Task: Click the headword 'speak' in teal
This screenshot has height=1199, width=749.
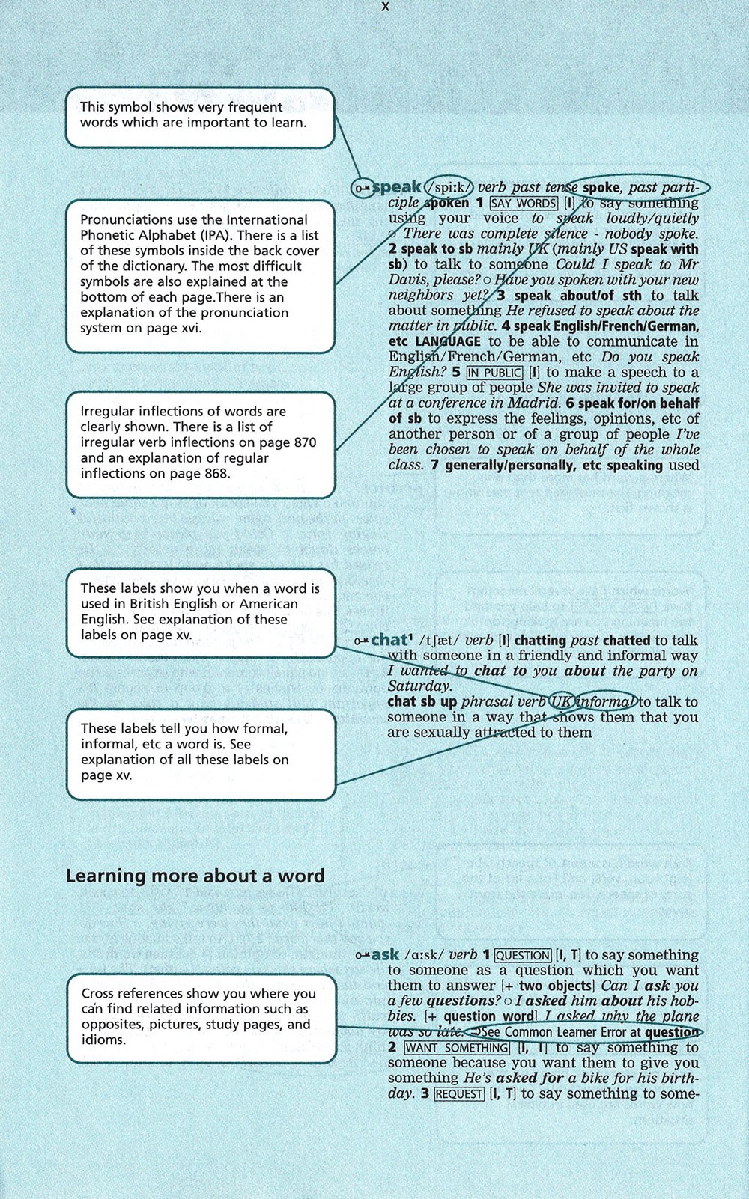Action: coord(397,187)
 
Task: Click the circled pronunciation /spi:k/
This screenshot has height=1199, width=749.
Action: coord(449,187)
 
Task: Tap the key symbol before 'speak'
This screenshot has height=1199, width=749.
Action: coord(363,188)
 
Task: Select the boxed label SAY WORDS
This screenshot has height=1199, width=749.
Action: coord(524,204)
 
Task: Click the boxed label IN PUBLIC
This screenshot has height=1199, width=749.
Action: coord(494,373)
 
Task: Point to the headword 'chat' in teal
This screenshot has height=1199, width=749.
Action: coord(389,640)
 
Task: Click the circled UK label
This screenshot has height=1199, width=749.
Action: coord(561,702)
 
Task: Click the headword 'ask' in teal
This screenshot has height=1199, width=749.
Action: coord(385,955)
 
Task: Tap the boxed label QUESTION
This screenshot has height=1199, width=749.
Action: coord(522,956)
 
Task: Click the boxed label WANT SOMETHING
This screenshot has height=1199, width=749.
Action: coord(457,1048)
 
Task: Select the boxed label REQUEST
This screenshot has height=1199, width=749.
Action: coord(459,1094)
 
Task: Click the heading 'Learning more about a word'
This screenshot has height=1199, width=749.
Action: coord(195,876)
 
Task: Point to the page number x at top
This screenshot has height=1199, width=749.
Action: coord(385,7)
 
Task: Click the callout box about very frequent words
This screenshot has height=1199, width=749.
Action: coord(199,118)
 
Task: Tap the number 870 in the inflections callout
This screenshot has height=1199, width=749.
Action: coord(305,442)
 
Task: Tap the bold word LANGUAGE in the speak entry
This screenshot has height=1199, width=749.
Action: coord(447,342)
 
